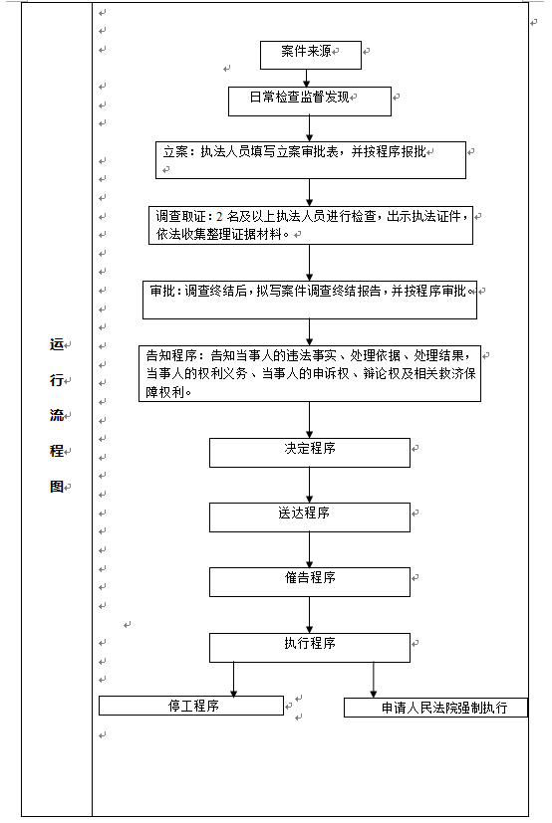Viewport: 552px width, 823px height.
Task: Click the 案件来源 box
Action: pyautogui.click(x=311, y=55)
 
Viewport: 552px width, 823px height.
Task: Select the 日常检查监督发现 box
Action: pyautogui.click(x=310, y=102)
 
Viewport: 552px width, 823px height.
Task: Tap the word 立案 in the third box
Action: pyautogui.click(x=175, y=151)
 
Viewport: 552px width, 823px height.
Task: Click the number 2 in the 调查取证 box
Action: pyautogui.click(x=219, y=216)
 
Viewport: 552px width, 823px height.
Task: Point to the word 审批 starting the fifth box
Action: pyautogui.click(x=162, y=291)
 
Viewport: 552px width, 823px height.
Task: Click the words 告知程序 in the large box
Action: pyautogui.click(x=171, y=356)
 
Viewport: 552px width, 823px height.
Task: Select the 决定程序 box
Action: pyautogui.click(x=310, y=453)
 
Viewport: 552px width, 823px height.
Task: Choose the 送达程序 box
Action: pyautogui.click(x=310, y=517)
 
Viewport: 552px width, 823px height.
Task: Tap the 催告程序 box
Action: pyautogui.click(x=310, y=582)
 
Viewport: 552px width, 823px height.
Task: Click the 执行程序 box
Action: pyautogui.click(x=310, y=648)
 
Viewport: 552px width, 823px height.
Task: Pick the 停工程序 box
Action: pyautogui.click(x=191, y=706)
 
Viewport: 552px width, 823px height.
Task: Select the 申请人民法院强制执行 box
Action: pyautogui.click(x=435, y=708)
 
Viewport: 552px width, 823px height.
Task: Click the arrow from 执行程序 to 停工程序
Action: pyautogui.click(x=233, y=679)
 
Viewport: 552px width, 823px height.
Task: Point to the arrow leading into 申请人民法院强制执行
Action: pyautogui.click(x=374, y=680)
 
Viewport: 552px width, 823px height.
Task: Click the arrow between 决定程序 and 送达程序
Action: pyautogui.click(x=309, y=485)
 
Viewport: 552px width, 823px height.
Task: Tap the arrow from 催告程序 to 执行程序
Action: pyautogui.click(x=309, y=615)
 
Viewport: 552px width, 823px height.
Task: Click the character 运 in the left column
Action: pyautogui.click(x=56, y=344)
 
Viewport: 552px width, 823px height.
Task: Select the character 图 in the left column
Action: pyautogui.click(x=56, y=487)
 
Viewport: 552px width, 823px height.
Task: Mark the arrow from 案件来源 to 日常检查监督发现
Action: pyautogui.click(x=307, y=79)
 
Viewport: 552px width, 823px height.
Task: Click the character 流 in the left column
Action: pyautogui.click(x=56, y=416)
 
